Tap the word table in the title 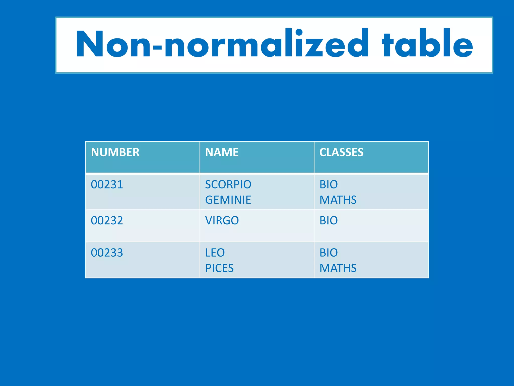(427, 43)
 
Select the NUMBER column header (115, 152)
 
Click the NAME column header (222, 152)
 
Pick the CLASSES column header (341, 152)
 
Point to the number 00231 (107, 184)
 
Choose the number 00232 (107, 221)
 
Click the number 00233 (107, 253)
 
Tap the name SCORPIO (228, 184)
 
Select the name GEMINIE (228, 200)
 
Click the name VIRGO (222, 221)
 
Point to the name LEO (215, 253)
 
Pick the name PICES (219, 268)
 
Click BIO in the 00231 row (329, 184)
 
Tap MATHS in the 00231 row (338, 200)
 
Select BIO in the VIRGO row (329, 221)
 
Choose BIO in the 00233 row (329, 253)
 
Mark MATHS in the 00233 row (338, 268)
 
